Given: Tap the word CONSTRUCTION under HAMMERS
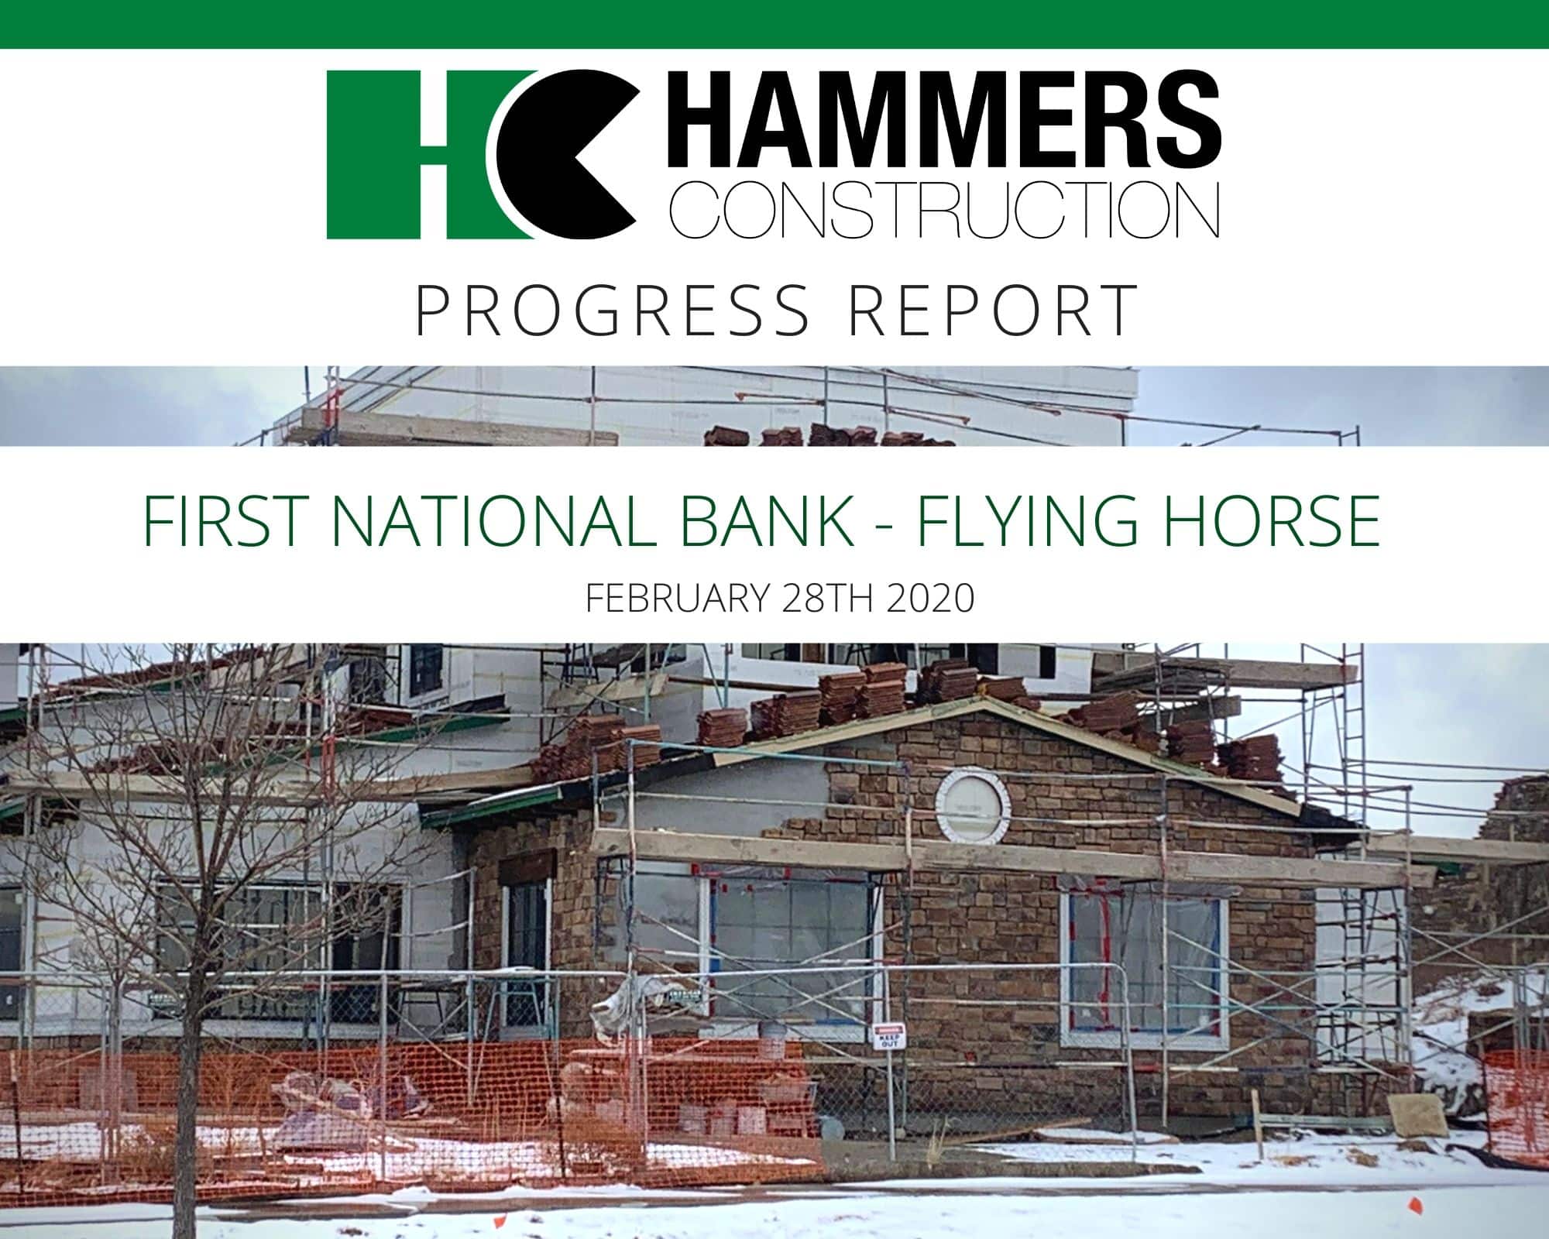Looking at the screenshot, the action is pyautogui.click(x=944, y=211).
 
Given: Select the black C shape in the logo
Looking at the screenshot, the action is pyautogui.click(x=565, y=155).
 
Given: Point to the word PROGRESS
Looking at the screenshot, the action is pyautogui.click(x=613, y=311).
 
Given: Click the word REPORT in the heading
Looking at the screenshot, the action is pyautogui.click(x=992, y=311).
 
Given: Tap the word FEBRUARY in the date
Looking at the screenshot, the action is pyautogui.click(x=677, y=599).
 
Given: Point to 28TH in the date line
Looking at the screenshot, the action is pyautogui.click(x=828, y=599).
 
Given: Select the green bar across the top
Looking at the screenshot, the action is pyautogui.click(x=774, y=24).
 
